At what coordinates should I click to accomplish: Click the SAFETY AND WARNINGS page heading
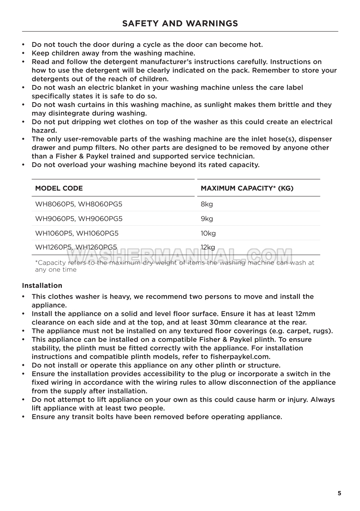[x=180, y=24]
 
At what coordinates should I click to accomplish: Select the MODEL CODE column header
[x=59, y=188]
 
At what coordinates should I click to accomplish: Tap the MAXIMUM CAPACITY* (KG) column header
[x=247, y=188]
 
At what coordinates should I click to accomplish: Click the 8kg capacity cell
[x=207, y=204]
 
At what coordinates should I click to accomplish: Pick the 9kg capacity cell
[x=207, y=219]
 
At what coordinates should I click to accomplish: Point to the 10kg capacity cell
[x=208, y=233]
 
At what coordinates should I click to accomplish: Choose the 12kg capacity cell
[x=208, y=247]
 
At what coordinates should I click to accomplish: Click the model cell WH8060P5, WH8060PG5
[x=79, y=204]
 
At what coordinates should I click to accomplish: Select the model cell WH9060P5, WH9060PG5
[x=79, y=219]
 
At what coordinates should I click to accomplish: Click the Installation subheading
[x=42, y=286]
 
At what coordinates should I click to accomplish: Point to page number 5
[x=339, y=493]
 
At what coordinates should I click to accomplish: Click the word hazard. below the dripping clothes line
[x=44, y=130]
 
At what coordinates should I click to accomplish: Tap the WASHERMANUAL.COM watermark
[x=180, y=256]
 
